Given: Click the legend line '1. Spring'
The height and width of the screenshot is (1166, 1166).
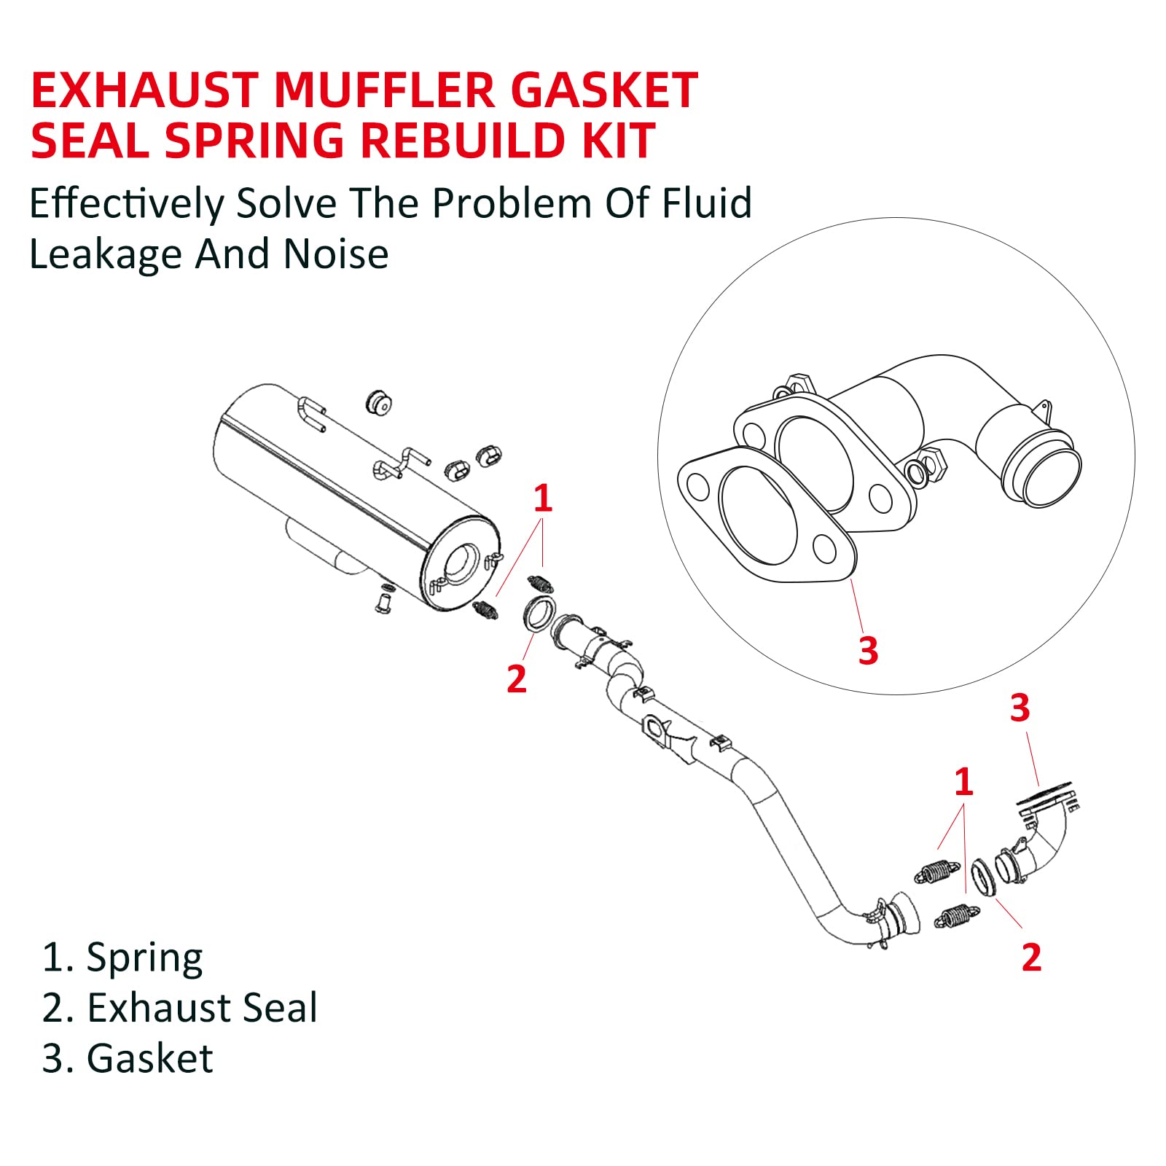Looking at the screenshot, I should click(122, 958).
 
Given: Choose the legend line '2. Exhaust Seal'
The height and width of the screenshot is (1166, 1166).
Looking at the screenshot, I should click(179, 1009).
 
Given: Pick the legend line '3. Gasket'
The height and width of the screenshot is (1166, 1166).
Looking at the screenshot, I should click(128, 1059).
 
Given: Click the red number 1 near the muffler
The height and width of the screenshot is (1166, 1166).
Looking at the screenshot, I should click(542, 499).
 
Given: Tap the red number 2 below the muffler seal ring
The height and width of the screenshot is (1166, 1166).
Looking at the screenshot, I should click(516, 679).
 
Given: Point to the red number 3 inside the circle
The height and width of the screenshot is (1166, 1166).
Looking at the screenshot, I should click(868, 651).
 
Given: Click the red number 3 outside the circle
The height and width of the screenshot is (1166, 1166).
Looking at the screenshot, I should click(1020, 708).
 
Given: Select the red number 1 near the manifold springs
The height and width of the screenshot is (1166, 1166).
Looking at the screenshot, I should click(963, 782).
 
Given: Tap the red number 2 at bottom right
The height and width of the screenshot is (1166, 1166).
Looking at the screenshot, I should click(1031, 958).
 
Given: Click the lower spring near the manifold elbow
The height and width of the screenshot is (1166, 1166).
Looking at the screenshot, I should click(956, 917).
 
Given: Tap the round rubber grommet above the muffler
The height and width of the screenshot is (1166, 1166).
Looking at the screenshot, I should click(379, 402).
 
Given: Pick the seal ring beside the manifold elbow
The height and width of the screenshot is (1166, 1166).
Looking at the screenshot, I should click(985, 877).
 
